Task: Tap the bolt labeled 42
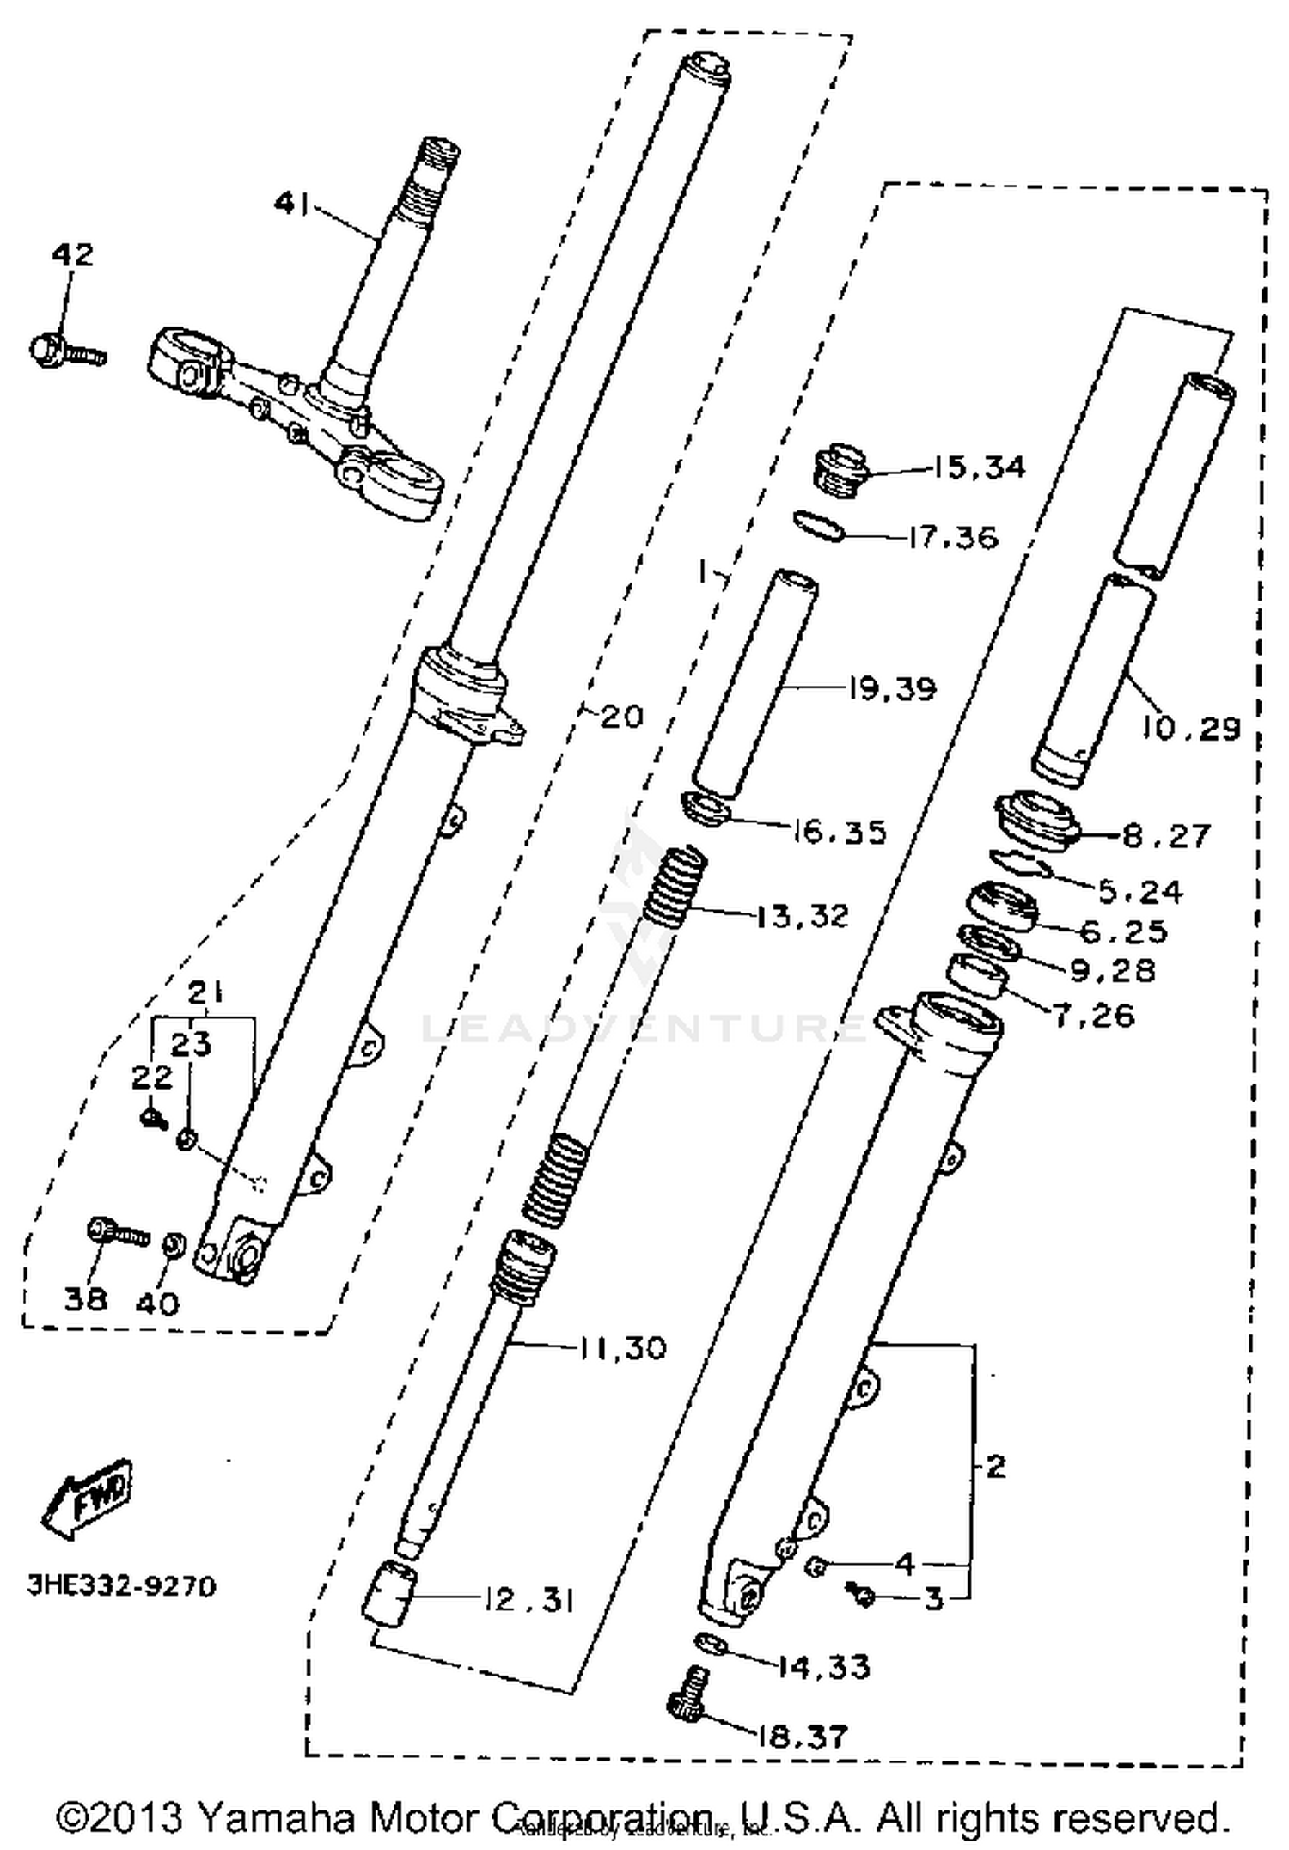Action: [64, 351]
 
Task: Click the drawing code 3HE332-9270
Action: [121, 1585]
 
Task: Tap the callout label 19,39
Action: [890, 688]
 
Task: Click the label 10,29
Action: [1191, 729]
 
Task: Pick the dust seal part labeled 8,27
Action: [1036, 822]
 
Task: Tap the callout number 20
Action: [621, 716]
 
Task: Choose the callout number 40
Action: [158, 1304]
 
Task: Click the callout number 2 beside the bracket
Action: [994, 1466]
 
